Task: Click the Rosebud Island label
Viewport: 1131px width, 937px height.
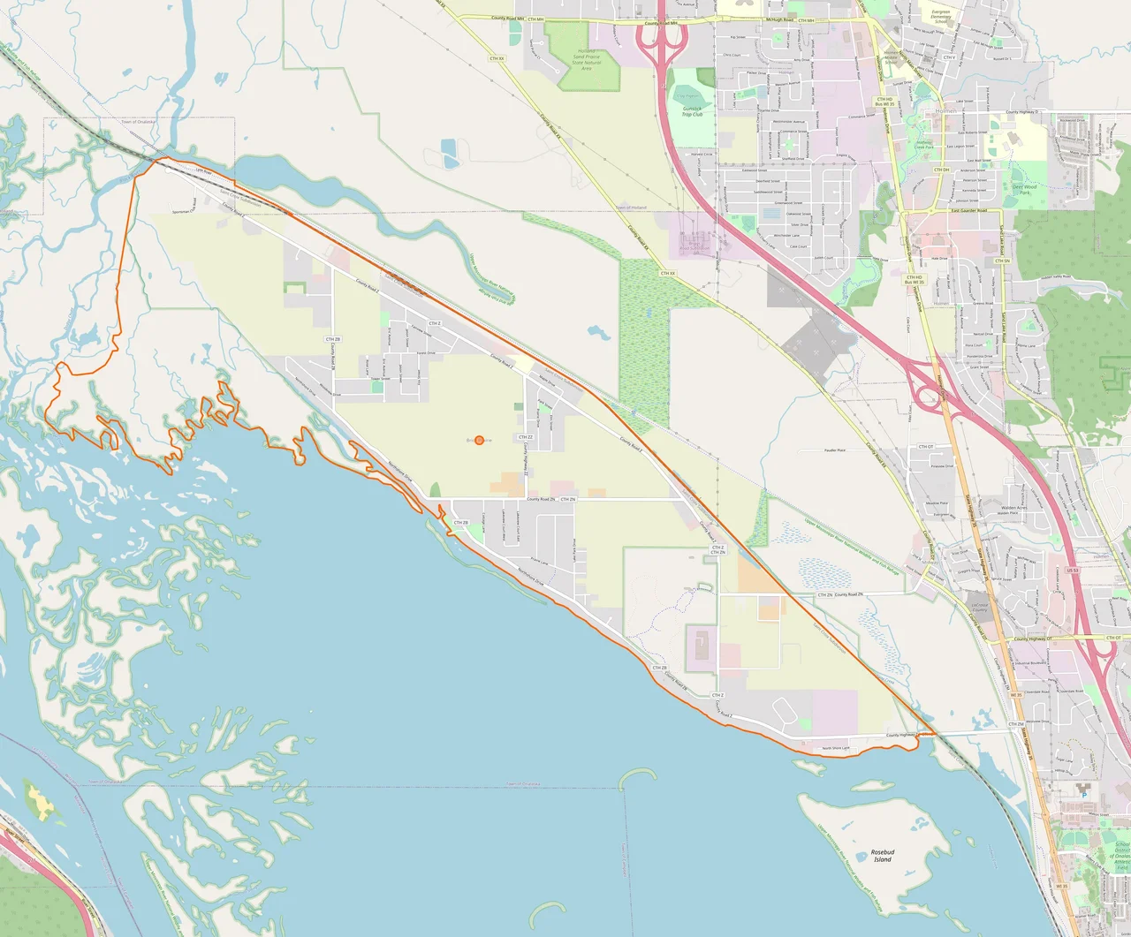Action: coord(882,856)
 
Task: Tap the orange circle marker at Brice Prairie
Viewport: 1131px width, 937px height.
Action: coord(479,440)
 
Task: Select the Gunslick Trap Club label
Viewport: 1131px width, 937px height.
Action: coord(692,112)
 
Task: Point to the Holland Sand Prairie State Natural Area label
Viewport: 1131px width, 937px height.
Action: coord(586,59)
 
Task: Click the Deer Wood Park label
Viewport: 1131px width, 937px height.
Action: coord(1024,189)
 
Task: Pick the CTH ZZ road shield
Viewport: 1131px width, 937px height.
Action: coord(525,437)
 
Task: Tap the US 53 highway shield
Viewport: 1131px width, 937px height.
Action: coord(1073,571)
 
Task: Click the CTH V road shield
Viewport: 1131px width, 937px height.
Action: coord(949,57)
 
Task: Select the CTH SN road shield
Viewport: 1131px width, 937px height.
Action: coord(1002,261)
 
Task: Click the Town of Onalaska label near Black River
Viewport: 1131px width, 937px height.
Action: coord(139,122)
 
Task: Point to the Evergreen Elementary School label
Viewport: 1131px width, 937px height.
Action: coord(941,16)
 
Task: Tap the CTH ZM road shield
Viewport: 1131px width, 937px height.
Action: coord(1016,724)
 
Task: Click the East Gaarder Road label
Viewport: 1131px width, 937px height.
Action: coord(968,210)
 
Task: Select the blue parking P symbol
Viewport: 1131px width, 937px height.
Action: coord(1085,795)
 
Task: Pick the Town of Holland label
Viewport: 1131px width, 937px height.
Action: coord(631,208)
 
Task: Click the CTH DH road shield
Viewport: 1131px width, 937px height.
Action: coord(942,170)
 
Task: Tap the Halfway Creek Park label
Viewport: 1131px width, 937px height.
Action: coord(923,144)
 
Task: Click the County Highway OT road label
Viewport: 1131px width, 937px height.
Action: coord(1032,639)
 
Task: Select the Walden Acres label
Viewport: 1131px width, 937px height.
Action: coord(1013,510)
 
